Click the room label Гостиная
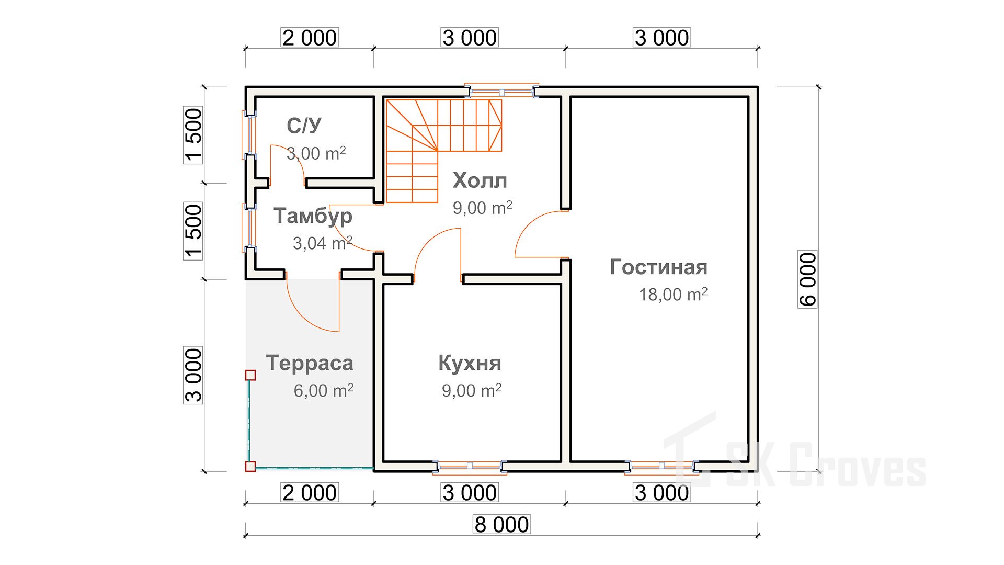click(658, 267)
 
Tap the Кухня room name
click(470, 363)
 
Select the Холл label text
click(480, 180)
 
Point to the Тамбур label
click(313, 216)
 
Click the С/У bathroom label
click(304, 126)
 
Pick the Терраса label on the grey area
click(310, 363)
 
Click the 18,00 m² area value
click(673, 294)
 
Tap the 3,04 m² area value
click(322, 243)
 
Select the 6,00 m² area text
click(323, 390)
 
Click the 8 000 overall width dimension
click(501, 524)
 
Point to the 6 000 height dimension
click(807, 279)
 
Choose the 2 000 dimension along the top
click(310, 38)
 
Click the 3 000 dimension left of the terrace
click(193, 375)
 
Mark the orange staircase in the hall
click(443, 151)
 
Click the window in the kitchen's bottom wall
click(470, 466)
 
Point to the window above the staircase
click(502, 92)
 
